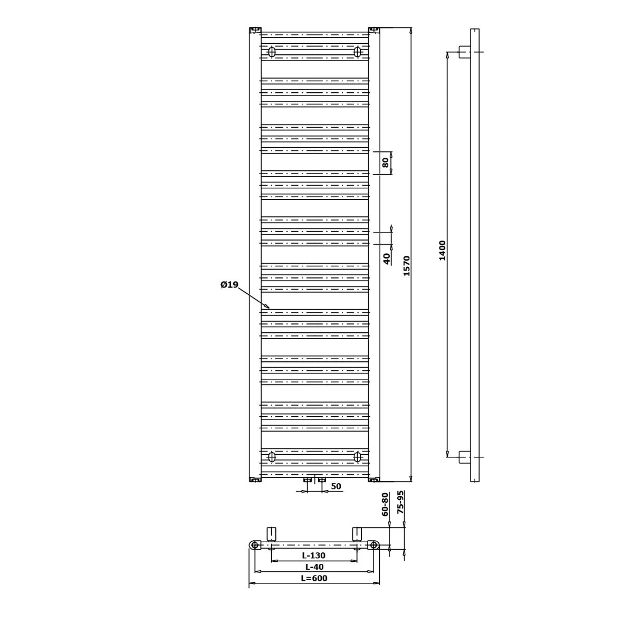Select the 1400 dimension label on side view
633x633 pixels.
pos(442,250)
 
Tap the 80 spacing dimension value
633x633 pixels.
pos(386,162)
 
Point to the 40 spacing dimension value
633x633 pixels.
pos(387,258)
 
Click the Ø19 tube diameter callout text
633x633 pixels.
pos(229,285)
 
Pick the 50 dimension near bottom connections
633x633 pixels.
pos(336,486)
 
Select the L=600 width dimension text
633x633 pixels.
pos(314,578)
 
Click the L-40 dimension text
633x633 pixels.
pos(314,567)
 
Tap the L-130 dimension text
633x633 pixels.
pos(314,555)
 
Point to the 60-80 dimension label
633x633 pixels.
pos(385,504)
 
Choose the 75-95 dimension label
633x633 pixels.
pos(400,503)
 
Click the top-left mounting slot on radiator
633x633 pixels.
pos(272,52)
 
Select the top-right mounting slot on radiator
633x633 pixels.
pos(358,52)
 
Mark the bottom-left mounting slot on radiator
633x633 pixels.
pos(272,456)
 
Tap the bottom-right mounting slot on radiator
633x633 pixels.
pos(358,456)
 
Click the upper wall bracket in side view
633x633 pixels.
pos(465,52)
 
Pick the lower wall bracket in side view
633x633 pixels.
pos(465,456)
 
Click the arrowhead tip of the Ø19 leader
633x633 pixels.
pos(269,307)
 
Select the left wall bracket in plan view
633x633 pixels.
pos(272,533)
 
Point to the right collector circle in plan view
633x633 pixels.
pos(373,545)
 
